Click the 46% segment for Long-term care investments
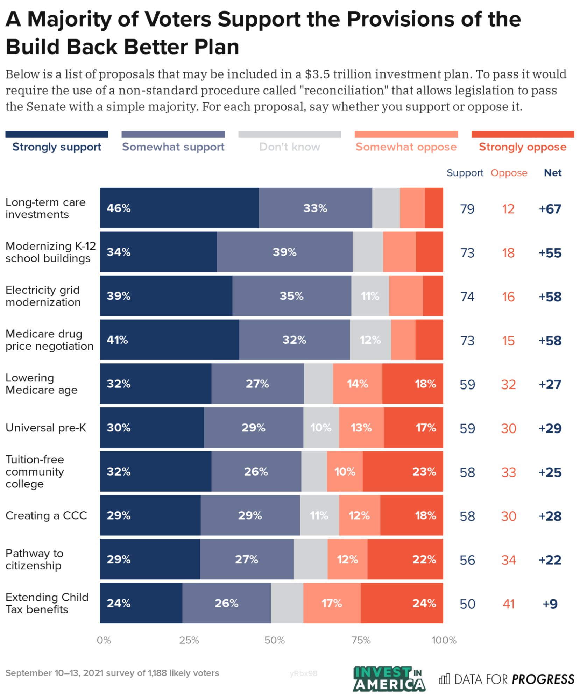click(x=179, y=208)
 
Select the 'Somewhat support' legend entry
click(x=173, y=147)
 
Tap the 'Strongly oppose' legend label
click(x=522, y=147)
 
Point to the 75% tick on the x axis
click(x=361, y=640)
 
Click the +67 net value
click(x=550, y=209)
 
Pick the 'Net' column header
click(x=553, y=173)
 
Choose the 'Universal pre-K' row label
click(x=46, y=428)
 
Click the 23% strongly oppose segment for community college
click(x=403, y=471)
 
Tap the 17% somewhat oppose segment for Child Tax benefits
click(x=332, y=603)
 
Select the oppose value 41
click(x=508, y=604)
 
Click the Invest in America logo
click(x=389, y=679)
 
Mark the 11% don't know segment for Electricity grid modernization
click(x=370, y=296)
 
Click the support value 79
click(x=467, y=209)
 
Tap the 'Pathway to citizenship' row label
click(x=34, y=559)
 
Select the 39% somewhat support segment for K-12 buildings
click(x=284, y=252)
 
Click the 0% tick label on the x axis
click(x=104, y=640)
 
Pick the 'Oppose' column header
click(x=509, y=173)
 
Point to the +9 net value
click(x=550, y=604)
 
